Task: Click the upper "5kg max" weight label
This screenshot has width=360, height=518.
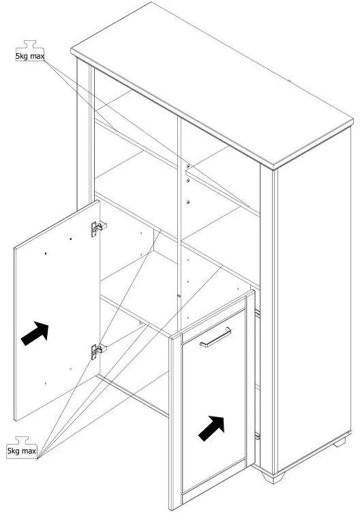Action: click(30, 56)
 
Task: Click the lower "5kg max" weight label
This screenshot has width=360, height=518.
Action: click(22, 451)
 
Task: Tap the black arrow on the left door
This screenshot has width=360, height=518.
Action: click(35, 333)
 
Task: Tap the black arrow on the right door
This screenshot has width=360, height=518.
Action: click(211, 428)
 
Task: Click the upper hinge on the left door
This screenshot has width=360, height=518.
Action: click(98, 228)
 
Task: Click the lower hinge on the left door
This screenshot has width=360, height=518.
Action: click(98, 351)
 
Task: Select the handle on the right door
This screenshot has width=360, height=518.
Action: click(215, 337)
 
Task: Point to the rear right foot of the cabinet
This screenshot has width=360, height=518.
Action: click(340, 442)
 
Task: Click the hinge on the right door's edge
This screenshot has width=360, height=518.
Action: click(257, 436)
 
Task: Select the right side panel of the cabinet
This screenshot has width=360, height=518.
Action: click(314, 297)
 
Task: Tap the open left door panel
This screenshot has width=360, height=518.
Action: click(57, 311)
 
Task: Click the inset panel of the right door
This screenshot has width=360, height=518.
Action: click(213, 399)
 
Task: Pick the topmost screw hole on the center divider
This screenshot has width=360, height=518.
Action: click(188, 166)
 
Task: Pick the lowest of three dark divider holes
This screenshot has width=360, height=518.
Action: click(188, 202)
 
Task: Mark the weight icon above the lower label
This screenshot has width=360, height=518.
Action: click(22, 441)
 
